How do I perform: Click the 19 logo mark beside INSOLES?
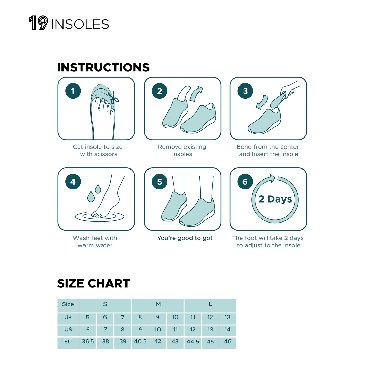(39, 23)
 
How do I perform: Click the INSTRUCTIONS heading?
(103, 68)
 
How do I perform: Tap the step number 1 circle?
(73, 91)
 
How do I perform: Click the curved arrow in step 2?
(196, 93)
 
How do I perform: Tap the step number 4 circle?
(73, 182)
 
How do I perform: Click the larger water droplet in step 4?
(91, 196)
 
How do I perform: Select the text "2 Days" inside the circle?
(275, 199)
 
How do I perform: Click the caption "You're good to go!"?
(185, 238)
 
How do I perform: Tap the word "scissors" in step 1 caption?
(106, 154)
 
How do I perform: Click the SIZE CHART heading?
(93, 283)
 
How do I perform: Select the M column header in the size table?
(158, 304)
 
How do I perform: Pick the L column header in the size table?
(210, 304)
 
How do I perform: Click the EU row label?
(68, 342)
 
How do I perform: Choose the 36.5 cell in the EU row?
(88, 342)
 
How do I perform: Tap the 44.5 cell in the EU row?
(193, 342)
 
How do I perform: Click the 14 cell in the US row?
(227, 330)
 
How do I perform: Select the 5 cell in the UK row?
(88, 318)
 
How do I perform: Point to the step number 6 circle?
(245, 182)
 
